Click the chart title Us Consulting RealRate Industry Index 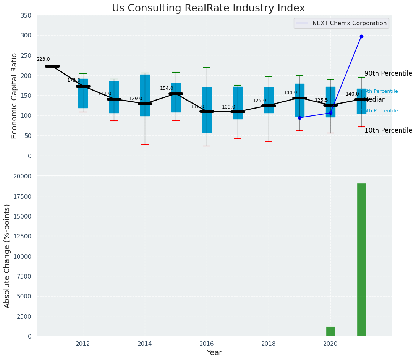tap(208, 8)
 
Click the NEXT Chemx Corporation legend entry tap(349, 23)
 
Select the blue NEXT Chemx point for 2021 tap(361, 37)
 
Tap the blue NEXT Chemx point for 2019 tap(299, 118)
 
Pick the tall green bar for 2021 tap(361, 260)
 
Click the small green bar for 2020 tap(330, 331)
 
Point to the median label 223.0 tap(43, 60)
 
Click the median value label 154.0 tap(167, 89)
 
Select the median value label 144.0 tap(290, 93)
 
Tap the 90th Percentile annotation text tap(388, 74)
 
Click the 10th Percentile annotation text tap(388, 131)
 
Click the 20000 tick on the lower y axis tap(24, 177)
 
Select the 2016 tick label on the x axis tap(207, 344)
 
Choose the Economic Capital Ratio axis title tap(15, 96)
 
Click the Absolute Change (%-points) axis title tap(7, 256)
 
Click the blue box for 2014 tap(145, 95)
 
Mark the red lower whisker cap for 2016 tap(207, 146)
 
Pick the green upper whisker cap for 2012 tap(83, 73)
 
